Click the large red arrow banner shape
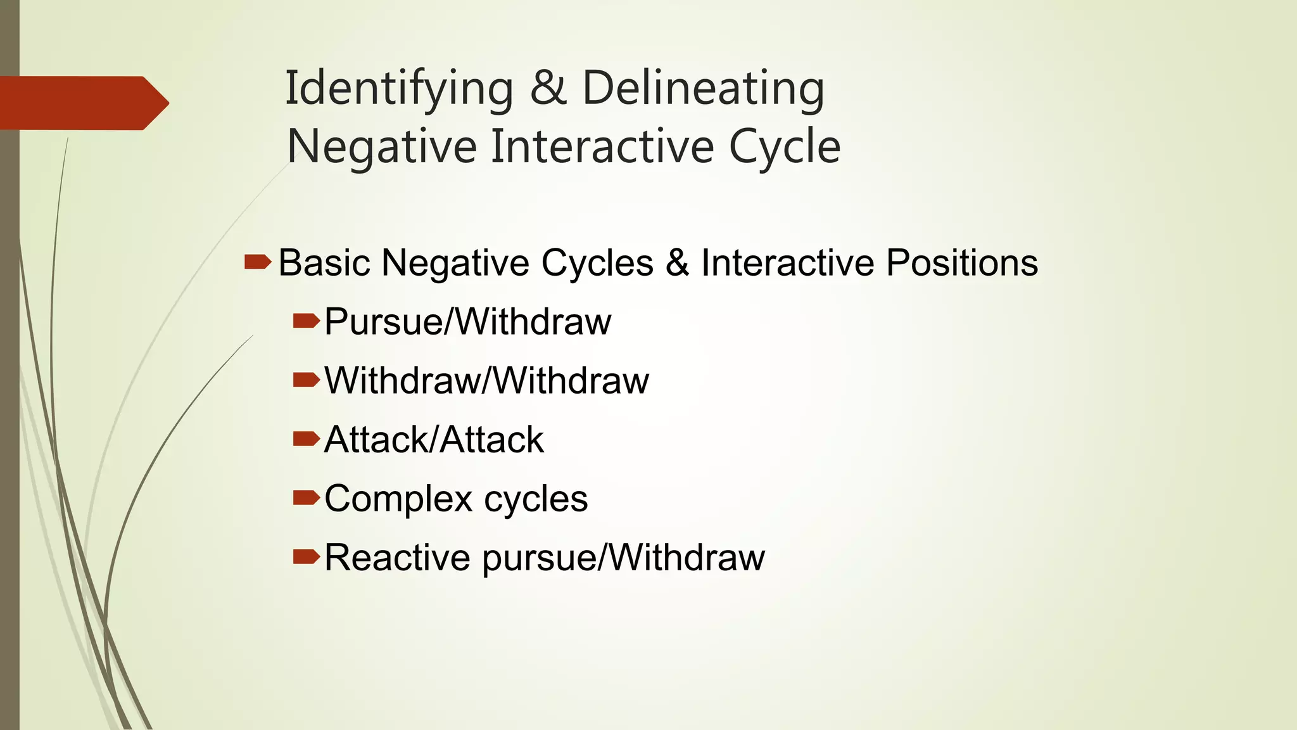click(x=82, y=103)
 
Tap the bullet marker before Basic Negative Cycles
click(x=257, y=262)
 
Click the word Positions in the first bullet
click(x=962, y=262)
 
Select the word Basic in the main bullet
click(x=324, y=262)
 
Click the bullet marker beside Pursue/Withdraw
click(x=307, y=321)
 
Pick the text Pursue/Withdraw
click(x=467, y=321)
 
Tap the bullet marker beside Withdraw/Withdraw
click(x=307, y=380)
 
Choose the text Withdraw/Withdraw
click(x=486, y=380)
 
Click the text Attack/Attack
click(x=434, y=439)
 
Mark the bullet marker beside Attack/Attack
click(x=307, y=439)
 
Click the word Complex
click(x=398, y=499)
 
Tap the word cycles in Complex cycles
click(x=536, y=499)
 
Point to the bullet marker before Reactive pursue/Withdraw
click(x=307, y=557)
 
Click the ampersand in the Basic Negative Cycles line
click(x=677, y=262)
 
